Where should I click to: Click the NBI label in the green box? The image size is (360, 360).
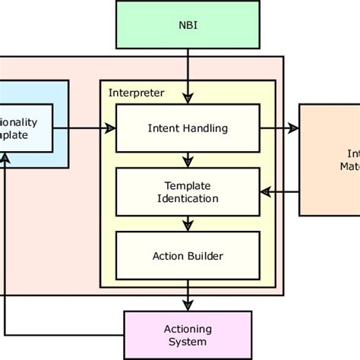click(x=186, y=24)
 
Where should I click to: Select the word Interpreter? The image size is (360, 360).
click(x=136, y=93)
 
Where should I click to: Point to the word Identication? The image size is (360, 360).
click(x=188, y=198)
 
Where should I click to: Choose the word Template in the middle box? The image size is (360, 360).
click(x=187, y=186)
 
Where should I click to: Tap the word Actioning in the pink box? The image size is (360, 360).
click(x=188, y=329)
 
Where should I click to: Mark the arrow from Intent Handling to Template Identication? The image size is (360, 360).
click(x=187, y=159)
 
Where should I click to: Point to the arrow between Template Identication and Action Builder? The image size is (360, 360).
click(x=187, y=223)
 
